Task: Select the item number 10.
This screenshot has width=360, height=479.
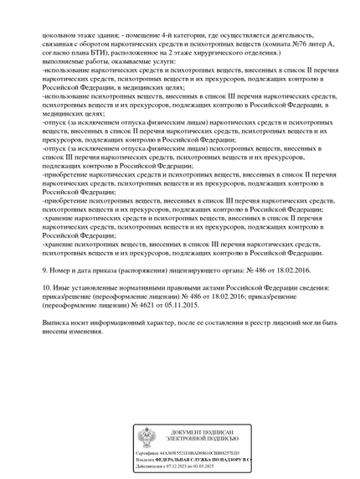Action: point(46,289)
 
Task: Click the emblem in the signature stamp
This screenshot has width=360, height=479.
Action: point(147,436)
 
